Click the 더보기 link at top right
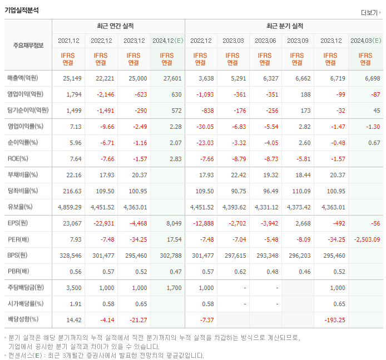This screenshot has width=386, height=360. (x=370, y=13)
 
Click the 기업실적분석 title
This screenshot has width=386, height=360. (x=22, y=10)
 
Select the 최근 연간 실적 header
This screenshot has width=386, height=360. (x=118, y=26)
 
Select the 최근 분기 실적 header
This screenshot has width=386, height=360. (x=284, y=26)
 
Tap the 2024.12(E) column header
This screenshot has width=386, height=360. (x=167, y=41)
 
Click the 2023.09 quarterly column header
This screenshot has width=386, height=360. (x=298, y=41)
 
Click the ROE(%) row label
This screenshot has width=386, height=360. (x=18, y=158)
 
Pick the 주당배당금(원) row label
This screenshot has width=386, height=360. (x=26, y=288)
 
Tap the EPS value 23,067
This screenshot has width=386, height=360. (x=72, y=223)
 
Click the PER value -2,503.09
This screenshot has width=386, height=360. (x=366, y=239)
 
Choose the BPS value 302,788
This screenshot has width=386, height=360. (x=170, y=256)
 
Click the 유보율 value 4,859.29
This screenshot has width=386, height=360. (x=70, y=207)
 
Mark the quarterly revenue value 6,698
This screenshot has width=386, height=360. (x=373, y=78)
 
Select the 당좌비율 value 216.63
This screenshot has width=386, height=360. (x=72, y=191)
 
